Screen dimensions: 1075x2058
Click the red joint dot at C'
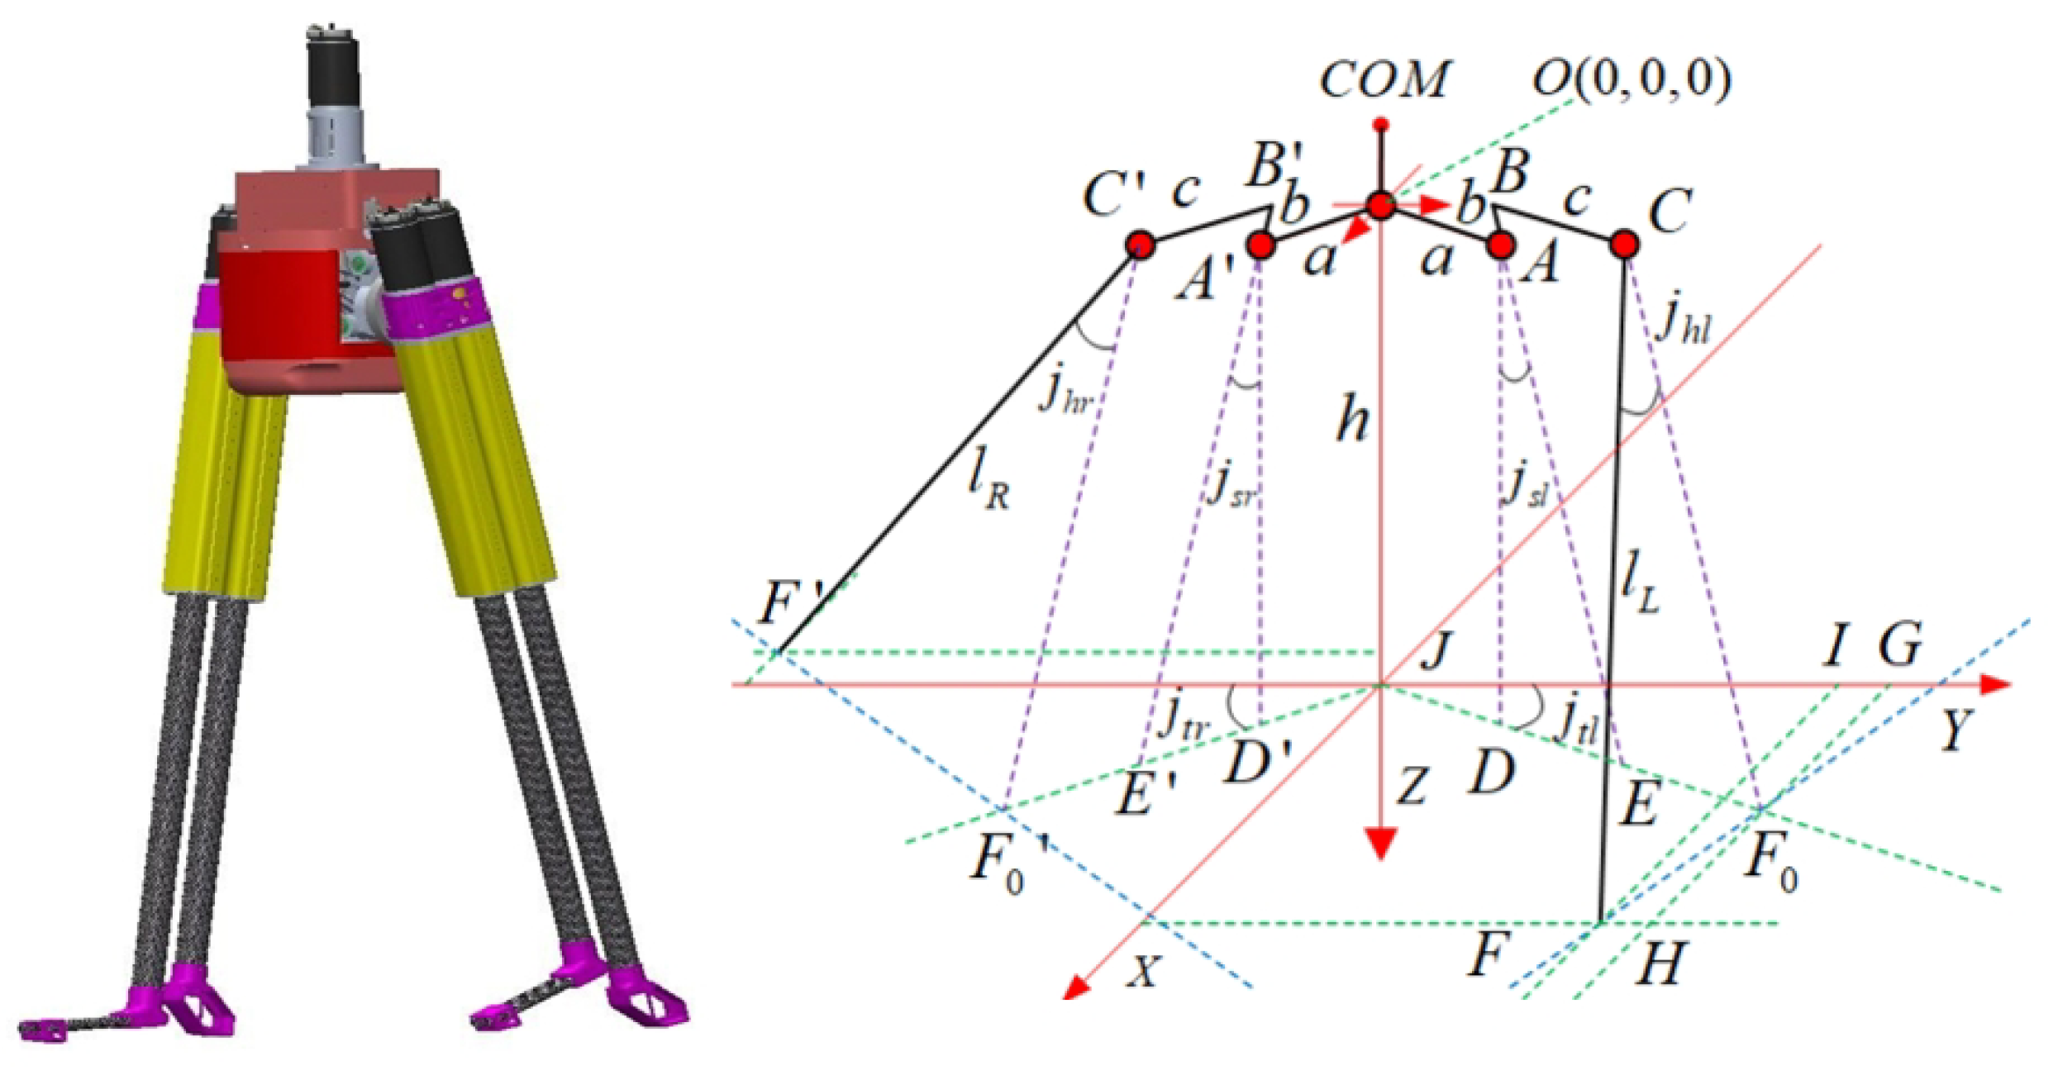click(1141, 245)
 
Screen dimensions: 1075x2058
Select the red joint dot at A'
click(1260, 245)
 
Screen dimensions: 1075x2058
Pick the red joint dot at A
click(1501, 245)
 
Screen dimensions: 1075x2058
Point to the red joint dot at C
click(1624, 245)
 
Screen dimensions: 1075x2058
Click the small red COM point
click(1380, 126)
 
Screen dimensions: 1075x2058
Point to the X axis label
click(1143, 972)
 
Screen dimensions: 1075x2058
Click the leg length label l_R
click(989, 483)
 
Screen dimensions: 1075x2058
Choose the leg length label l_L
click(1639, 587)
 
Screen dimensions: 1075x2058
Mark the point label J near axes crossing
click(1437, 650)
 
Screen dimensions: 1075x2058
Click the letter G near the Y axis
click(1899, 645)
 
